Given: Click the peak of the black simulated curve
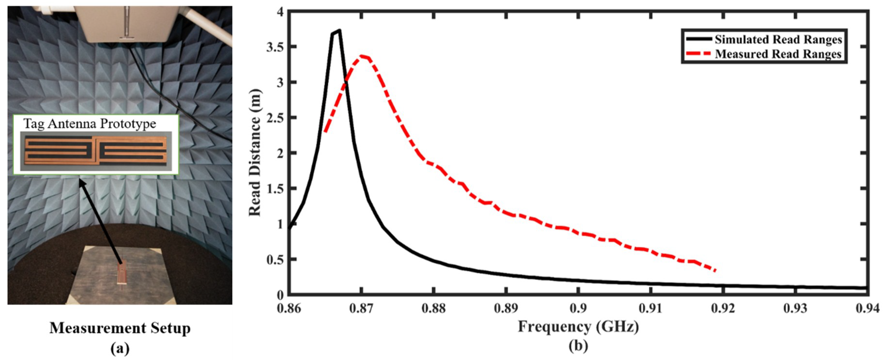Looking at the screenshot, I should (339, 31).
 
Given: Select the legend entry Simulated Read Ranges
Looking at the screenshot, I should (778, 40).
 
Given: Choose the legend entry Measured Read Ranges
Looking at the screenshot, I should (778, 54).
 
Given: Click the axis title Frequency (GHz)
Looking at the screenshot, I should (578, 326).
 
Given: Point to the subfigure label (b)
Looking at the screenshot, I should (578, 346).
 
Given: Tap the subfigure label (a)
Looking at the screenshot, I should (120, 349).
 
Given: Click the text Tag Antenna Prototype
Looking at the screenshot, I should (89, 124).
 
